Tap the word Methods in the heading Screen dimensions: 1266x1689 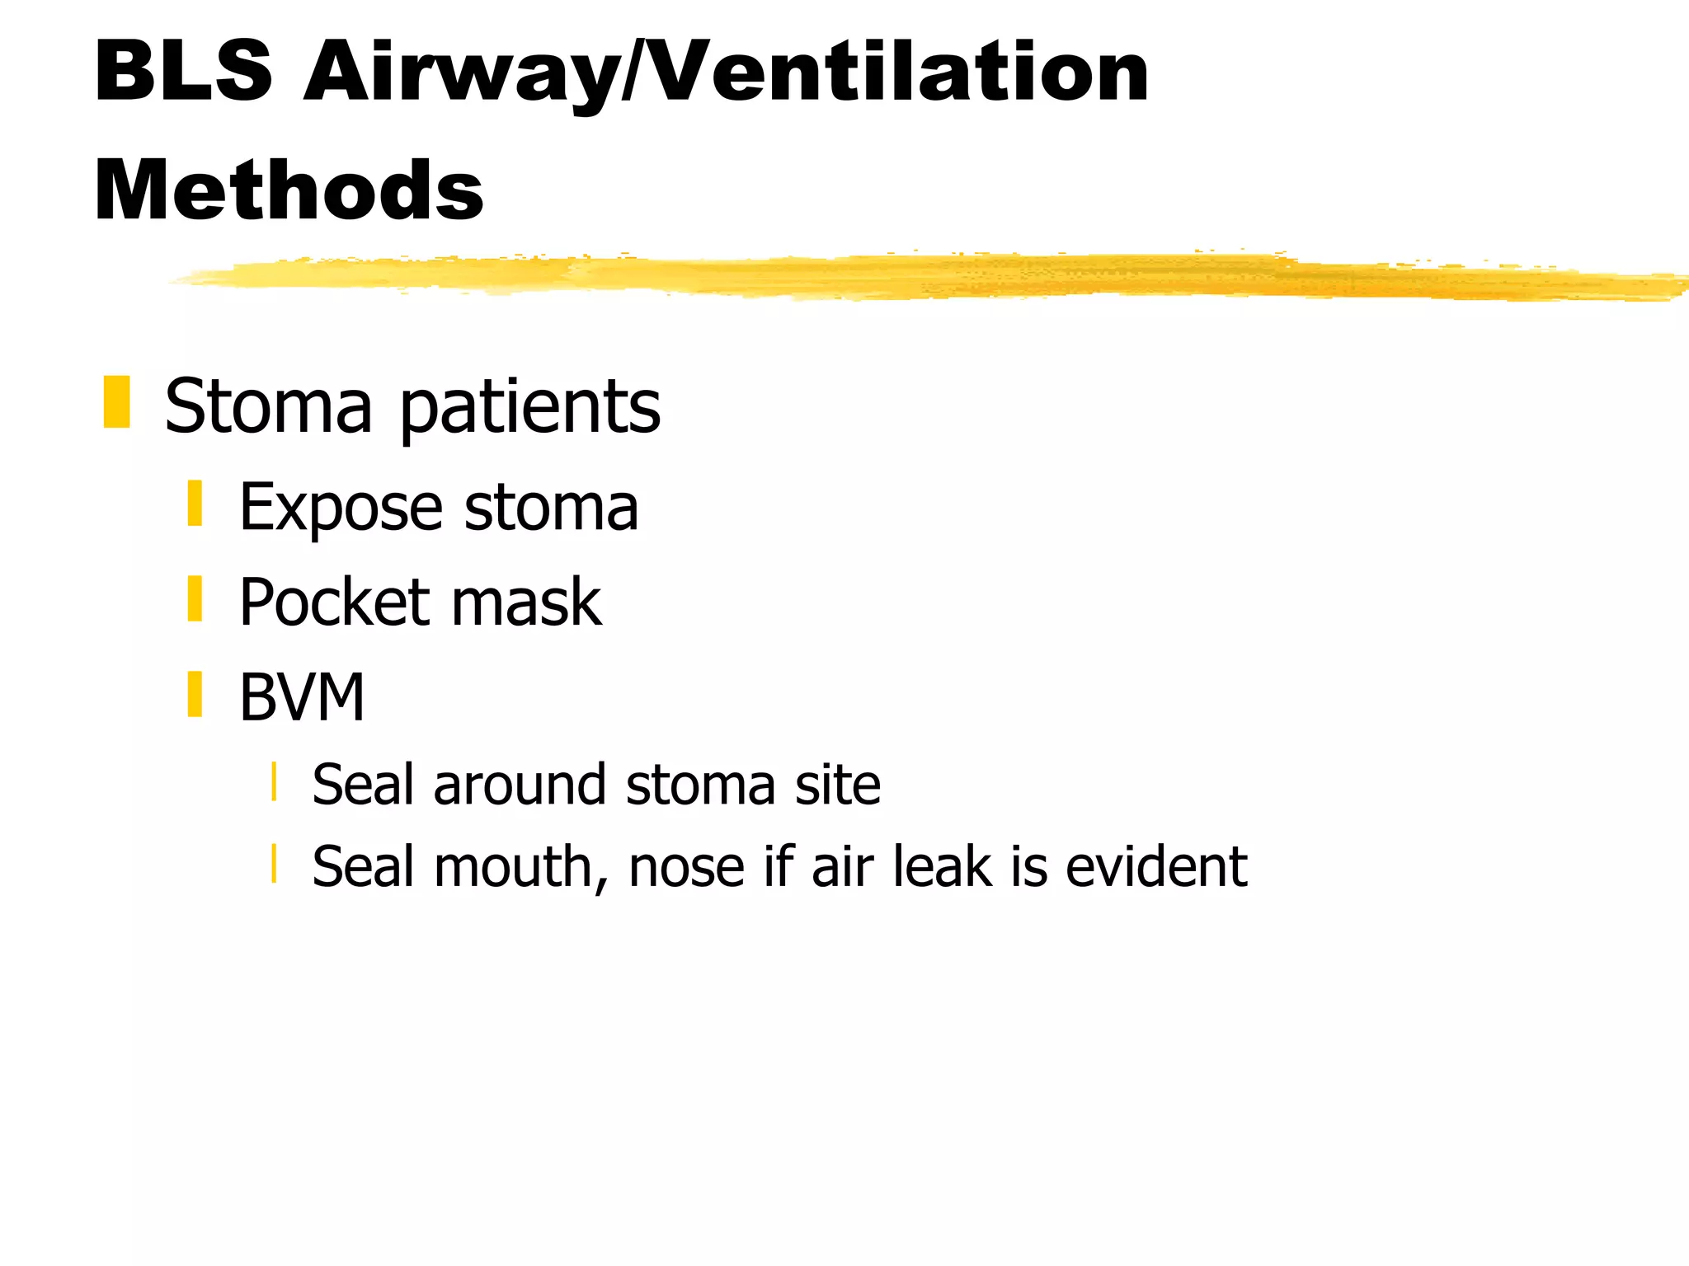(289, 191)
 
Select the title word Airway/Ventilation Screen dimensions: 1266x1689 (726, 74)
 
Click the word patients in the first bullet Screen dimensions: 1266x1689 (529, 407)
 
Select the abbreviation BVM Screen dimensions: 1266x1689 (302, 698)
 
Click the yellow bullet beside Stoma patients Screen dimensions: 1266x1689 (117, 402)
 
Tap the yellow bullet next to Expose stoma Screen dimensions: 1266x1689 (195, 504)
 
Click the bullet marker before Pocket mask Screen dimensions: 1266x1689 (195, 599)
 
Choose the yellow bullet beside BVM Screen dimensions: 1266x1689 (195, 695)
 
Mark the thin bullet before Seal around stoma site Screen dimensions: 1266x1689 (274, 782)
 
